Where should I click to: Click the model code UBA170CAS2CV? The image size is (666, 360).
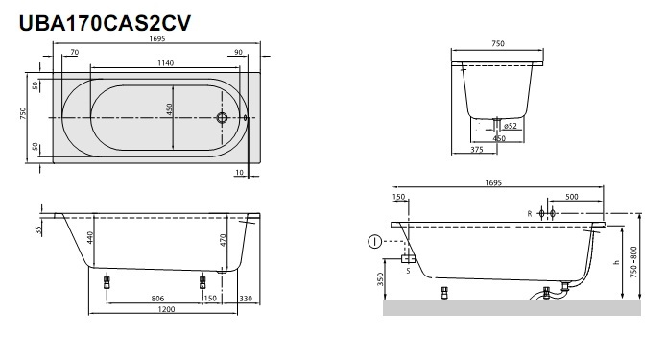coord(105,23)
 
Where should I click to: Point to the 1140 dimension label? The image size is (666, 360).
coord(165,63)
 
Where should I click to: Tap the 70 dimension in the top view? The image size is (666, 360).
coord(74,52)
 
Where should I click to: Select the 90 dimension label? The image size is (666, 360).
coord(238,52)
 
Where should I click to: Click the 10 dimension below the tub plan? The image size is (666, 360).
coord(240,173)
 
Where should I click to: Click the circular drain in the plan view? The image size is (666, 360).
coord(222,118)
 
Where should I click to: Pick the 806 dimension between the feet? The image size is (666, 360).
coord(157,299)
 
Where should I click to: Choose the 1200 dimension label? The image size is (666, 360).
coord(166,309)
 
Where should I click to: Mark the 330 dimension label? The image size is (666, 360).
coord(246,299)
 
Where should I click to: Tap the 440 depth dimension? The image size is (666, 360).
coord(90,238)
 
